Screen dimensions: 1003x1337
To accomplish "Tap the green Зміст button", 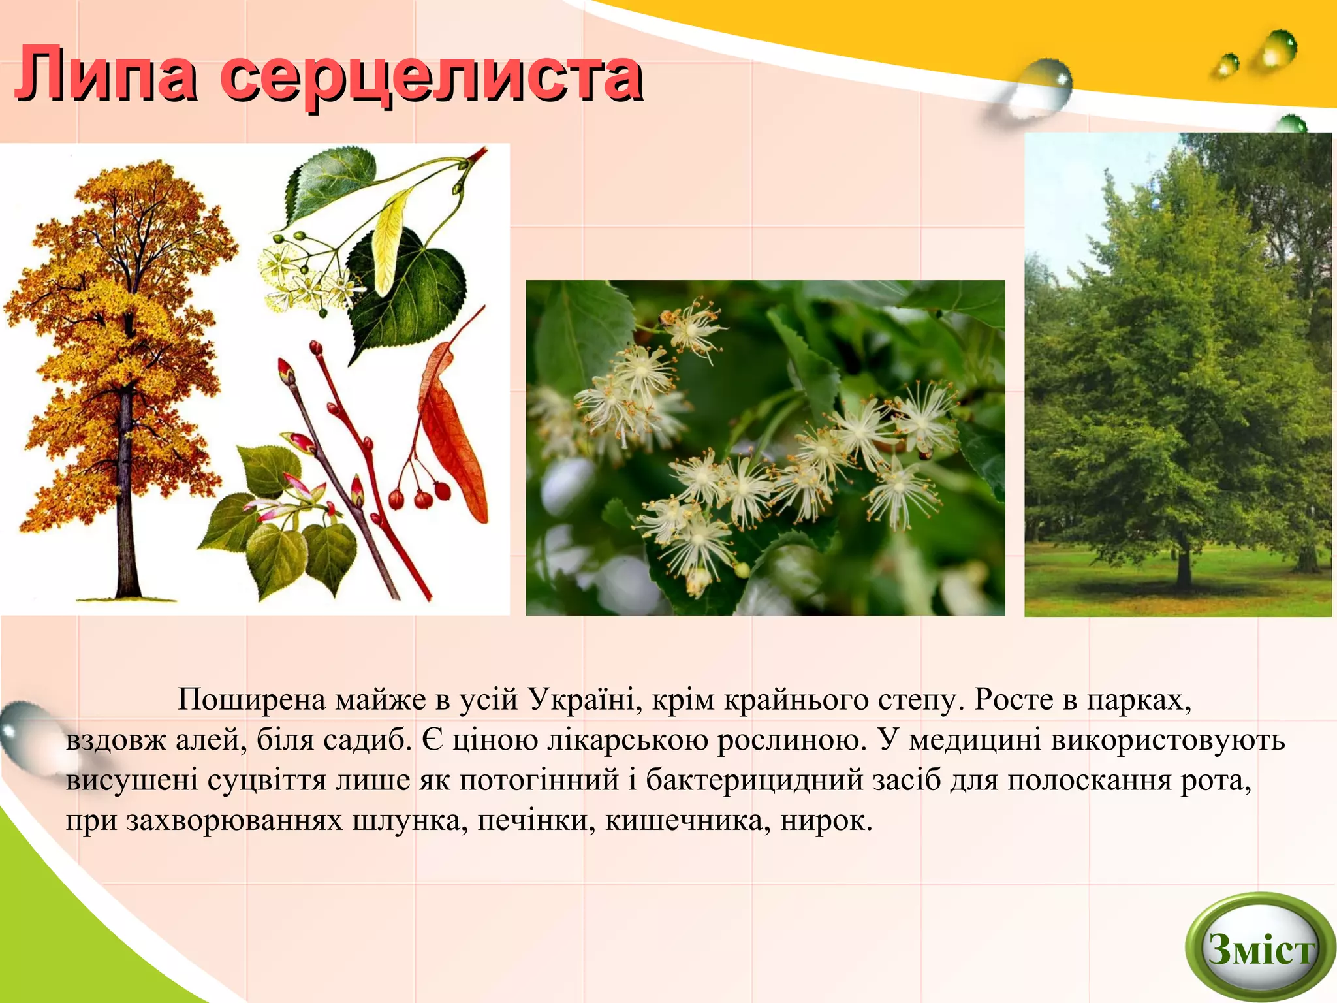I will click(x=1260, y=948).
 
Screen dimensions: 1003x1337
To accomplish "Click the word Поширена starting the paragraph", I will click(x=251, y=700).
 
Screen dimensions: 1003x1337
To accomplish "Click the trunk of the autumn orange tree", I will click(x=126, y=496).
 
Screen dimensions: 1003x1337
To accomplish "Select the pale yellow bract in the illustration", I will click(x=390, y=242).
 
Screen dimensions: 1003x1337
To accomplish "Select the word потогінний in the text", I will click(x=539, y=780).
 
